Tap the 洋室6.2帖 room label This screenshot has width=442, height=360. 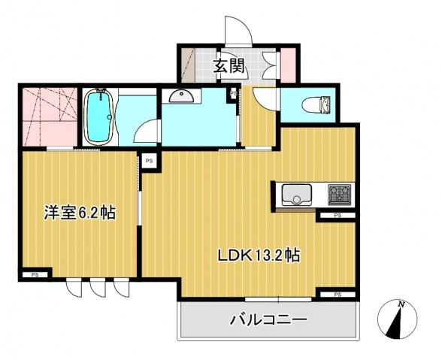79,213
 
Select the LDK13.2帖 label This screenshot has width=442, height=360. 259,255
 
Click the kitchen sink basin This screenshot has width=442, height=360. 297,195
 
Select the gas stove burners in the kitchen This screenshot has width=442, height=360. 340,195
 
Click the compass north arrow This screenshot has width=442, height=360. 398,319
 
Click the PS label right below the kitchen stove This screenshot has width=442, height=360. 337,216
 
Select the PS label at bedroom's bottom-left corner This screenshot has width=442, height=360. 35,275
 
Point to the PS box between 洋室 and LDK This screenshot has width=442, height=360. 149,160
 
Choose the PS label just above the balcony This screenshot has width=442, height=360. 337,294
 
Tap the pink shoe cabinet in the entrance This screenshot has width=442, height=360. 287,65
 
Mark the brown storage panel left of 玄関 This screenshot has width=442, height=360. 187,65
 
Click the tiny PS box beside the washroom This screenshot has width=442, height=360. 234,93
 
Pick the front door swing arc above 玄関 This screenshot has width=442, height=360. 239,30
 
